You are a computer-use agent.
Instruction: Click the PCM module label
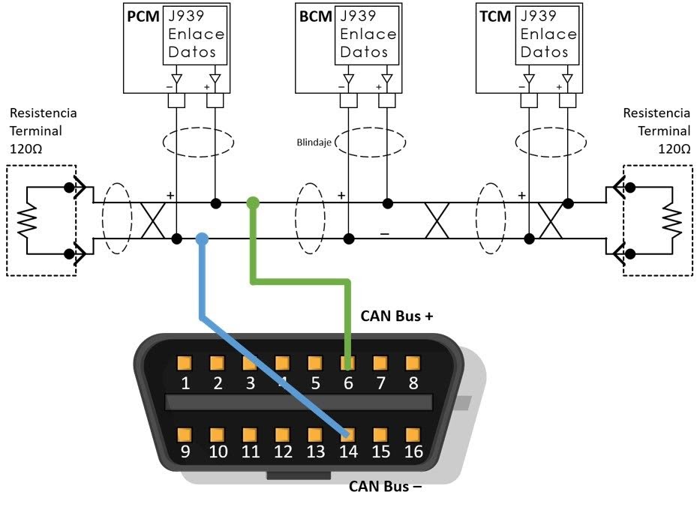point(142,16)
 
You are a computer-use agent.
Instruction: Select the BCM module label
point(315,16)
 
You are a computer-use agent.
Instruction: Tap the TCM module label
point(495,16)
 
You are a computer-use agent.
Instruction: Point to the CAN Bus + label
point(397,316)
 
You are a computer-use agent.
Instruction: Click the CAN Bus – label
point(385,486)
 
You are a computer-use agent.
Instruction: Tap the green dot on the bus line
point(253,202)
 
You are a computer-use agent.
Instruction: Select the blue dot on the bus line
point(201,239)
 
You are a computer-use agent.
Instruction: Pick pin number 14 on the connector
point(347,434)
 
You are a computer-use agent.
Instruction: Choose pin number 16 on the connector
point(412,434)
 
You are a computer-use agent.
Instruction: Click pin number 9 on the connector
point(184,434)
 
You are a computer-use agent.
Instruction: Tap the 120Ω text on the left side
point(26,148)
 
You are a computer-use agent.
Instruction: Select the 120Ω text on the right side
point(673,148)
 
